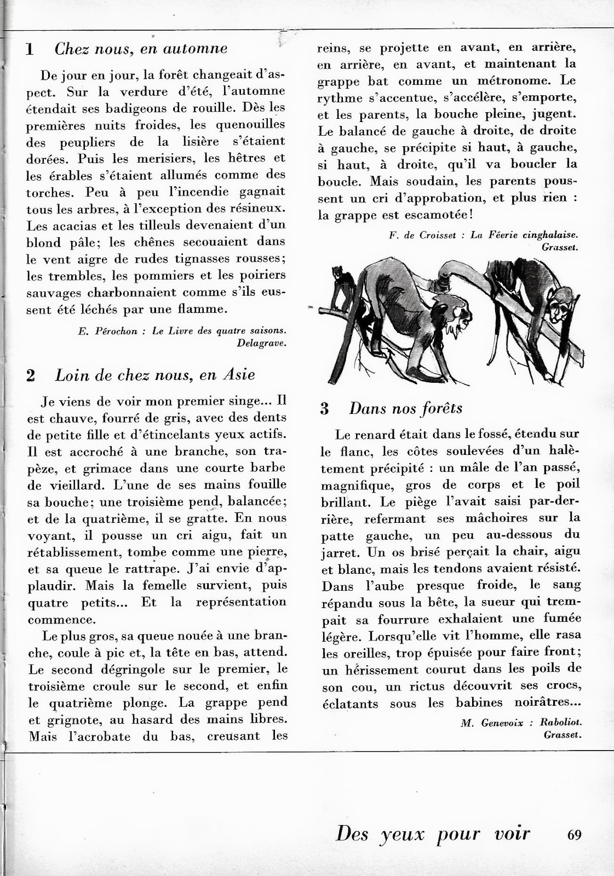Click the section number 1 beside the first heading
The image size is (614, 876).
click(x=30, y=49)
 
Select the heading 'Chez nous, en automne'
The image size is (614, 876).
click(x=141, y=49)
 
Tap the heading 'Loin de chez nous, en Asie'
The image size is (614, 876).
click(x=155, y=375)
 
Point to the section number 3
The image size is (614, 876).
click(x=325, y=409)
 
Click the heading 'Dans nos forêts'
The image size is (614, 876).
click(x=406, y=408)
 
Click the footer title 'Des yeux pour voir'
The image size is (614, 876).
click(x=433, y=834)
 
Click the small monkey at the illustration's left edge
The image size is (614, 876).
click(x=342, y=290)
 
